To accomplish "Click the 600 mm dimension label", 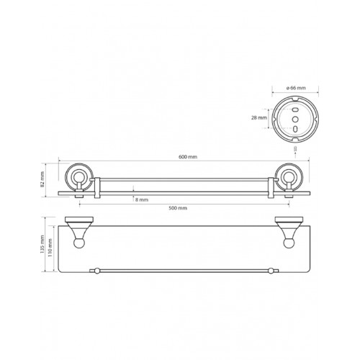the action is tap(188, 157).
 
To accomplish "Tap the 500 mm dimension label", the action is tap(178, 208).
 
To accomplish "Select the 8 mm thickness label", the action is tap(142, 199).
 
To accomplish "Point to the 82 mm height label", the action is tap(42, 179).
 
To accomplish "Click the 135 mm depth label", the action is tap(42, 244).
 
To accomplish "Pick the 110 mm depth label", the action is tap(50, 248).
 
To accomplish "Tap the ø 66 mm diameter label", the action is tap(296, 88).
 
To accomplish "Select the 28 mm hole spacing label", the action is tap(259, 118).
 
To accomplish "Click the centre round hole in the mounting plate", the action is tap(295, 119).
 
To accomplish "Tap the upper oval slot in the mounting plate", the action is tap(295, 110).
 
